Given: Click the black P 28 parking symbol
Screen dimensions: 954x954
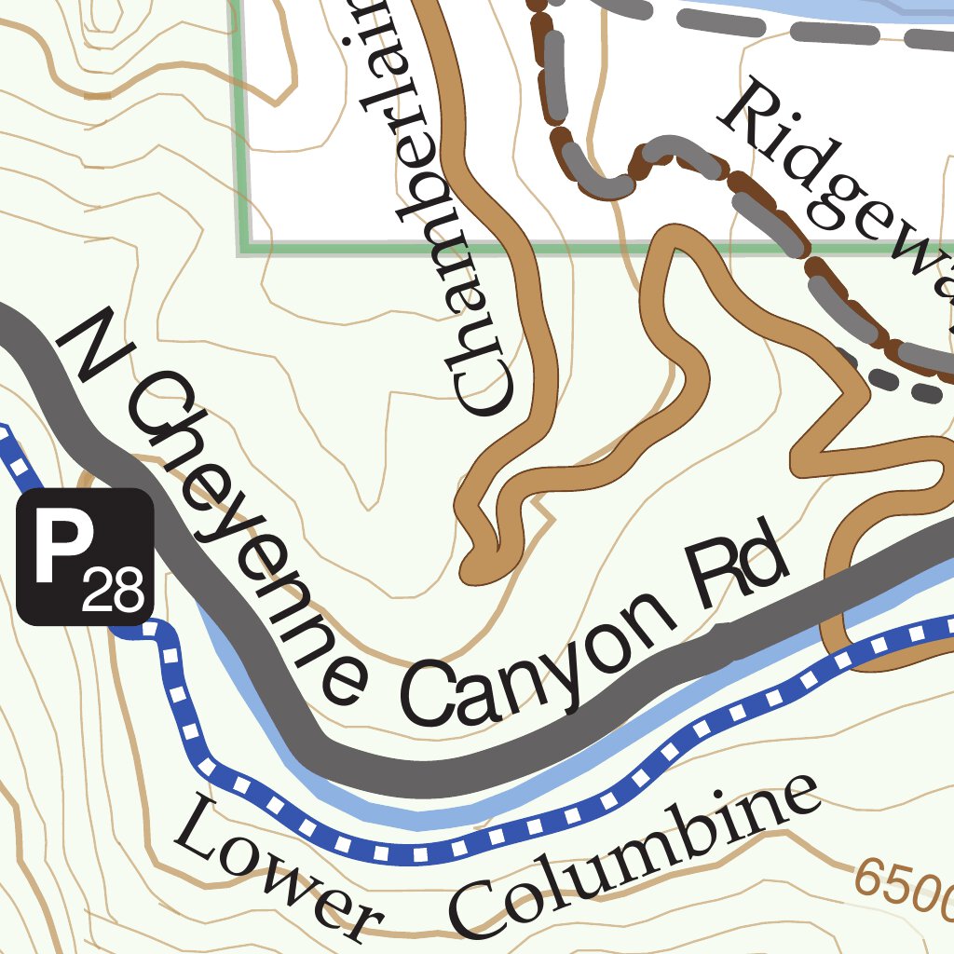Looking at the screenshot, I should (x=85, y=556).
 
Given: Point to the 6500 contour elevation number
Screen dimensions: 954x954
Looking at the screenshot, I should (x=904, y=885).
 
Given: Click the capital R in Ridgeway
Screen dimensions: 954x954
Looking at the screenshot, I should (x=751, y=112).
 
